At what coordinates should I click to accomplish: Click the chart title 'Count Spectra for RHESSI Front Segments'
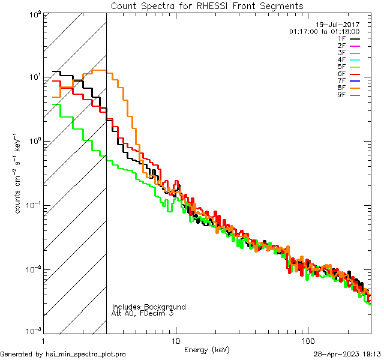tap(207, 5)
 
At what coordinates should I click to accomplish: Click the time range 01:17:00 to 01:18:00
tap(324, 31)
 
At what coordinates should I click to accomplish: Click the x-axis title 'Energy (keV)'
tap(207, 349)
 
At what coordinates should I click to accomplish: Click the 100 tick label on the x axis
tap(307, 340)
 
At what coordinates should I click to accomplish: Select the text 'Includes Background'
tap(149, 307)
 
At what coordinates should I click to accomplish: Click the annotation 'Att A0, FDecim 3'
tap(142, 313)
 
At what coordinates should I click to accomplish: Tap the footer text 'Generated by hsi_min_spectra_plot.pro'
tap(63, 354)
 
